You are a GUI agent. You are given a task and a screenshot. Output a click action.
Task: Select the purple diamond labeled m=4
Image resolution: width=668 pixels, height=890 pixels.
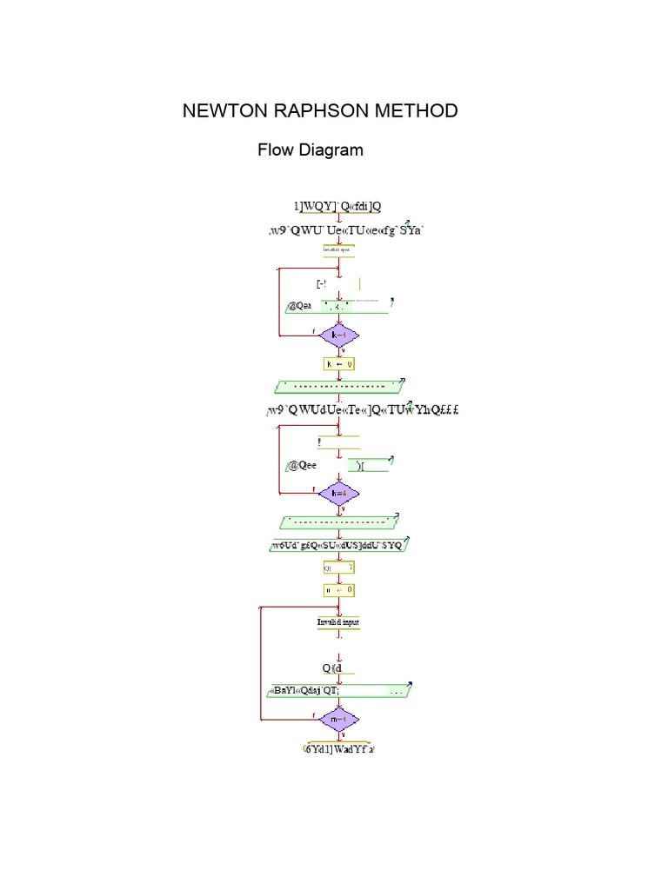(x=338, y=720)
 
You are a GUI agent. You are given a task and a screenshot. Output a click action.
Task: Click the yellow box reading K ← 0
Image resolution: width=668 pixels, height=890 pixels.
(x=339, y=364)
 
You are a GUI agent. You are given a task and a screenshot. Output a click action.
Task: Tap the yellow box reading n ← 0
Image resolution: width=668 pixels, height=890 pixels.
(x=339, y=589)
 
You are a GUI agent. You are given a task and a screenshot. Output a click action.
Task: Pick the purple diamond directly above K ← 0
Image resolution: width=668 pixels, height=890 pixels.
(x=338, y=335)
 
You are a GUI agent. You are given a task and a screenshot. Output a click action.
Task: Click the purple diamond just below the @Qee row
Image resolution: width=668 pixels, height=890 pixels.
(x=338, y=493)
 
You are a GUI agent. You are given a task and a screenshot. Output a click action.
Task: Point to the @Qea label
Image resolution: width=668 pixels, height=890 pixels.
(x=299, y=306)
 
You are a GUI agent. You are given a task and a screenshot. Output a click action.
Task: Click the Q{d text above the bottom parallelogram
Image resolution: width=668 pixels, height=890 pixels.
(x=332, y=667)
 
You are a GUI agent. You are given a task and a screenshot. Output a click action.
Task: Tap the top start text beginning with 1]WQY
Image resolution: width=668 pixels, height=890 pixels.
(x=338, y=206)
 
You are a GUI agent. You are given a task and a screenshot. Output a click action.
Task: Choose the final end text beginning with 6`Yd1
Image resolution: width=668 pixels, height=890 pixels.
(x=339, y=748)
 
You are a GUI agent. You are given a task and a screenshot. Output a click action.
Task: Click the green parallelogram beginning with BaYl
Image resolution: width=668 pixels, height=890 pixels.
(x=339, y=691)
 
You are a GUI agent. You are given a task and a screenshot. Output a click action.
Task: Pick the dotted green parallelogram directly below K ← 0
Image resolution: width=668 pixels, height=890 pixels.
(x=339, y=386)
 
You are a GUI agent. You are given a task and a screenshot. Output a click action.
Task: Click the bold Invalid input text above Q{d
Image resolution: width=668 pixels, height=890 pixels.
(x=338, y=622)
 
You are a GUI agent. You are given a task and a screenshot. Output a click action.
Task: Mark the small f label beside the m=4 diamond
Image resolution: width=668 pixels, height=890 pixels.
(x=313, y=716)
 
